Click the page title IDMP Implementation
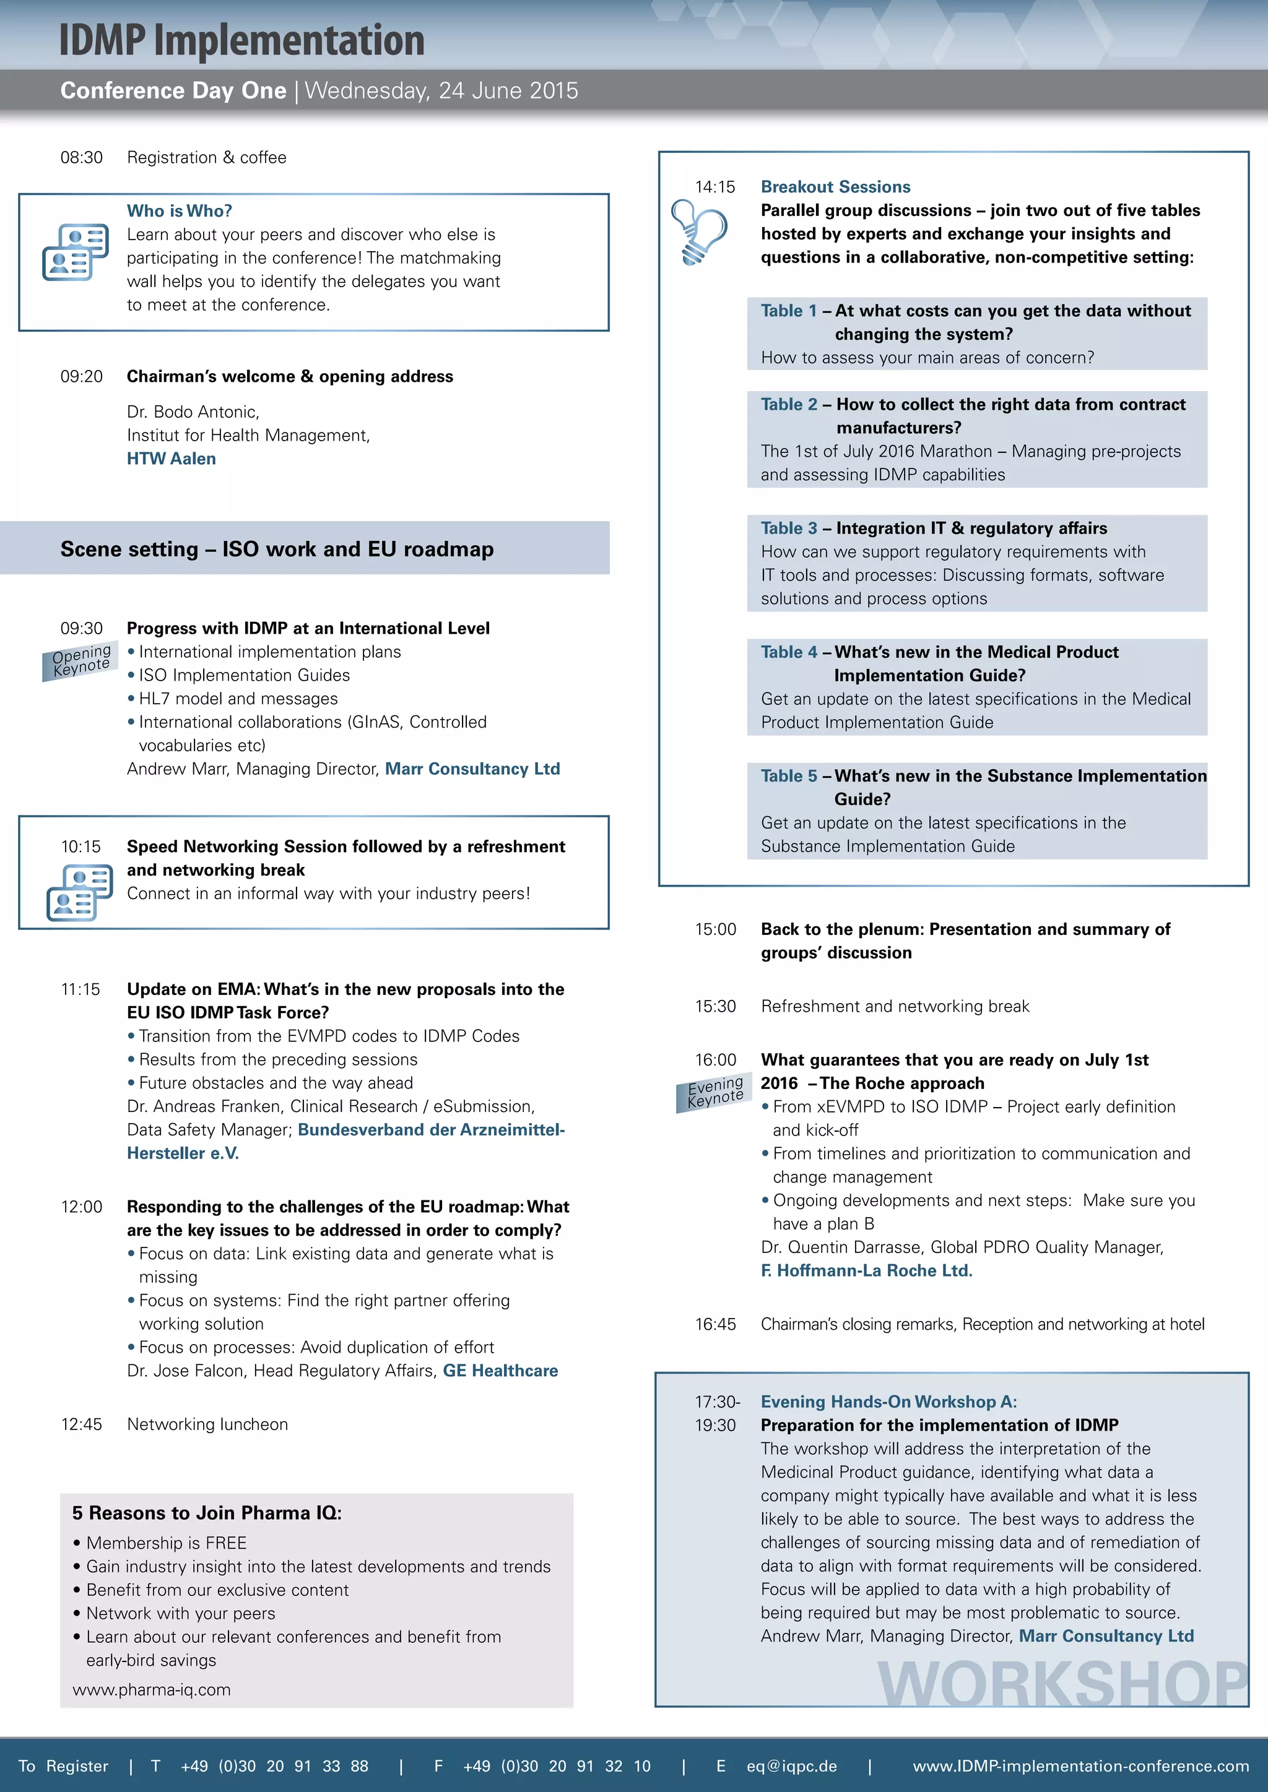(x=241, y=41)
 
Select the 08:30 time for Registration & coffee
(x=81, y=158)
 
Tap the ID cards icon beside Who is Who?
(x=75, y=251)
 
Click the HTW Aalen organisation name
(x=171, y=459)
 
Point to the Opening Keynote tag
(x=80, y=660)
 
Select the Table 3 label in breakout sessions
(x=789, y=528)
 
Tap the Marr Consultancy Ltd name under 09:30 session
(x=472, y=769)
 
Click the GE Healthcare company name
(x=500, y=1371)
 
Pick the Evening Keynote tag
(x=714, y=1092)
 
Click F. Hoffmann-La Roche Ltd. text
(x=866, y=1270)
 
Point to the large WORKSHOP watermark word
(x=1062, y=1684)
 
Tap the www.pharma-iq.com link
(x=152, y=1690)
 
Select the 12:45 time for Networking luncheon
(x=81, y=1424)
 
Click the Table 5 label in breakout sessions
(x=789, y=776)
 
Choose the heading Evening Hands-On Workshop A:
(x=888, y=1402)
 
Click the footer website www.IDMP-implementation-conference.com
(x=1080, y=1766)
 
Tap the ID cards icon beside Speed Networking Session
(x=79, y=893)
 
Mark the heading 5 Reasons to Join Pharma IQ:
(x=207, y=1512)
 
